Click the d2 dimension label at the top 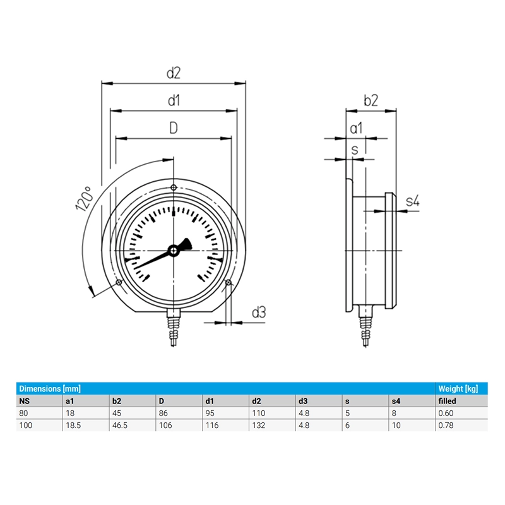[x=174, y=73]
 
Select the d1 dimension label [x=174, y=100]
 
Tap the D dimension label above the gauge [x=174, y=128]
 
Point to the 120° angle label [x=84, y=198]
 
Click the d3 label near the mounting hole [x=259, y=312]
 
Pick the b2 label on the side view [x=371, y=100]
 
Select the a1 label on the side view [x=356, y=128]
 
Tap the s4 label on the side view [x=412, y=201]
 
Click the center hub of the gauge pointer [x=173, y=251]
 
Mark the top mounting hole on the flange [x=174, y=187]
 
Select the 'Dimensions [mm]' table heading [x=49, y=388]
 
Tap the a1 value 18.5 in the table [x=73, y=425]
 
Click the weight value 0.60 [x=446, y=413]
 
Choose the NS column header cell [x=24, y=401]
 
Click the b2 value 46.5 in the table [x=119, y=425]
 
